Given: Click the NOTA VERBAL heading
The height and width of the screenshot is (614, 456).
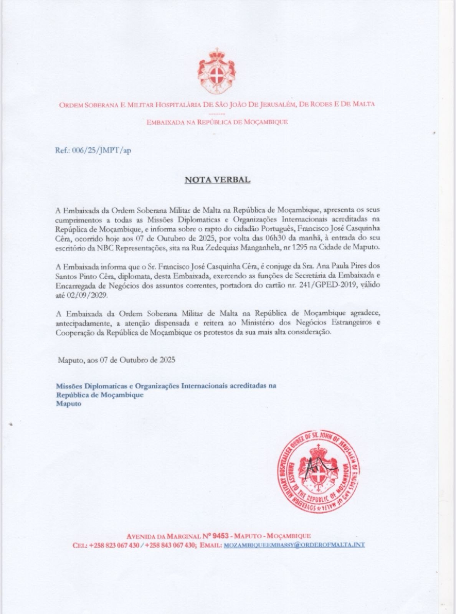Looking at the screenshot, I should point(218,180).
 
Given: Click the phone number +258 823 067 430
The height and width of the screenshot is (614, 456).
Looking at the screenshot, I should point(114,545).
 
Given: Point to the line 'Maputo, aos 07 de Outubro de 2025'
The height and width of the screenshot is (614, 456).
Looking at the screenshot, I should point(117,360).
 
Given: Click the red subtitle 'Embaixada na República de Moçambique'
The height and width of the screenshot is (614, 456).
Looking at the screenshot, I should point(217,122).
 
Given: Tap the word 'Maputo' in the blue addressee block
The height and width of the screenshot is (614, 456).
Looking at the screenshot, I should point(69,404).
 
